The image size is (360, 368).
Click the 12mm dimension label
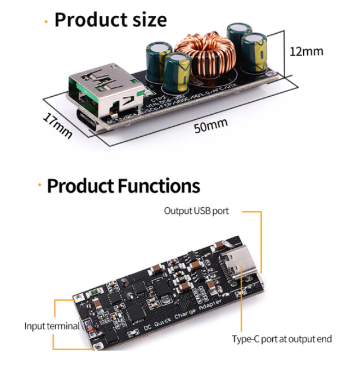(x=307, y=51)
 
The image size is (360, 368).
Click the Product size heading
(x=110, y=20)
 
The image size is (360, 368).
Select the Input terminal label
(x=51, y=326)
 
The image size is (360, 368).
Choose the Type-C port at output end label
(x=282, y=339)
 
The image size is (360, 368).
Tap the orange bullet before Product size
(x=45, y=21)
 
